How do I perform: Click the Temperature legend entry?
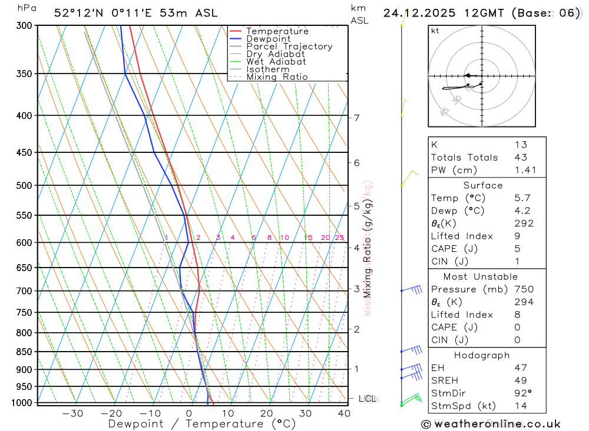tap(277, 31)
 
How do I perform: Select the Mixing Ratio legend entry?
tap(277, 76)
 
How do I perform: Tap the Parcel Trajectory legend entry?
tap(289, 46)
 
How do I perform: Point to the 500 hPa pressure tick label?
tap(24, 185)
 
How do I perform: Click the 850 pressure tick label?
tap(24, 352)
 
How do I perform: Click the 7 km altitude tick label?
tap(356, 118)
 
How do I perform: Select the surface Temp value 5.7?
tap(521, 198)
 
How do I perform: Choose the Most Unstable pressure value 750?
tap(524, 289)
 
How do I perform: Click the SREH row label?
tap(445, 380)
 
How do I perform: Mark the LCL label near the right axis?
tap(368, 399)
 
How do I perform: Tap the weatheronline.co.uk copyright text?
tap(491, 424)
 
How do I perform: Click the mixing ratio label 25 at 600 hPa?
tap(339, 238)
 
